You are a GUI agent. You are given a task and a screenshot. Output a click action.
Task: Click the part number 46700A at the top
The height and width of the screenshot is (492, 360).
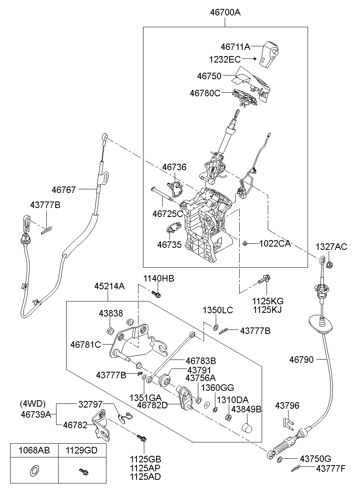(x=225, y=12)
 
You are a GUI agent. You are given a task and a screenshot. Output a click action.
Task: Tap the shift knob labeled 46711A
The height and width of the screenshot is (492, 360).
(x=269, y=54)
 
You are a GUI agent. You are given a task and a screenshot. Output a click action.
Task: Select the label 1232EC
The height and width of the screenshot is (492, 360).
(x=225, y=60)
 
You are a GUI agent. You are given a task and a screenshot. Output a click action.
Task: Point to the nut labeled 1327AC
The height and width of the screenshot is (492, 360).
(x=330, y=265)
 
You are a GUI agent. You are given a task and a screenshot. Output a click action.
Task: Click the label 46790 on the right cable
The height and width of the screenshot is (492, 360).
(x=301, y=360)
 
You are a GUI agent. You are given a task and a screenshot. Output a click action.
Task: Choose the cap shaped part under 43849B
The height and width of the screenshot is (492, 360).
(x=247, y=428)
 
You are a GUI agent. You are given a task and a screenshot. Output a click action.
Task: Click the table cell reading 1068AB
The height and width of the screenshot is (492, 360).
(x=34, y=451)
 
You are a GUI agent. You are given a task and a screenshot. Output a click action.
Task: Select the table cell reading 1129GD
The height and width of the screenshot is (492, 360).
(x=82, y=451)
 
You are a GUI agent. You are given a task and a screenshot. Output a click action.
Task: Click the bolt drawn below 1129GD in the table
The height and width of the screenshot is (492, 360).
(x=84, y=471)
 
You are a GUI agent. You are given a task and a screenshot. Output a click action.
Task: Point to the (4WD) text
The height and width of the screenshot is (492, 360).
(x=33, y=404)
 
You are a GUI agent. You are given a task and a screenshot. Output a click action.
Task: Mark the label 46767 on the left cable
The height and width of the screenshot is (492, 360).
(x=64, y=190)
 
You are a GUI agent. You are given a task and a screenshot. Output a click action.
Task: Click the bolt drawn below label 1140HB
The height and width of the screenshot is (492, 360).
(x=156, y=294)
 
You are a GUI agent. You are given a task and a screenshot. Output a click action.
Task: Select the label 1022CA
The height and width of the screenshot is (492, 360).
(x=275, y=244)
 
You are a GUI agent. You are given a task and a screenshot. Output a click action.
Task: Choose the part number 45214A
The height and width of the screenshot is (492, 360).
(x=110, y=286)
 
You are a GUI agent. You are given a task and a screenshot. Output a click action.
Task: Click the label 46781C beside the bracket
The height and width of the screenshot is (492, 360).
(x=86, y=345)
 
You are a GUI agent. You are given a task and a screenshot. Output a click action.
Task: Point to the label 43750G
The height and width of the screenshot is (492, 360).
(x=316, y=459)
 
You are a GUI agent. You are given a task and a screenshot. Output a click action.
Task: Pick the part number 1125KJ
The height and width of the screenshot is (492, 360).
(x=267, y=310)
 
